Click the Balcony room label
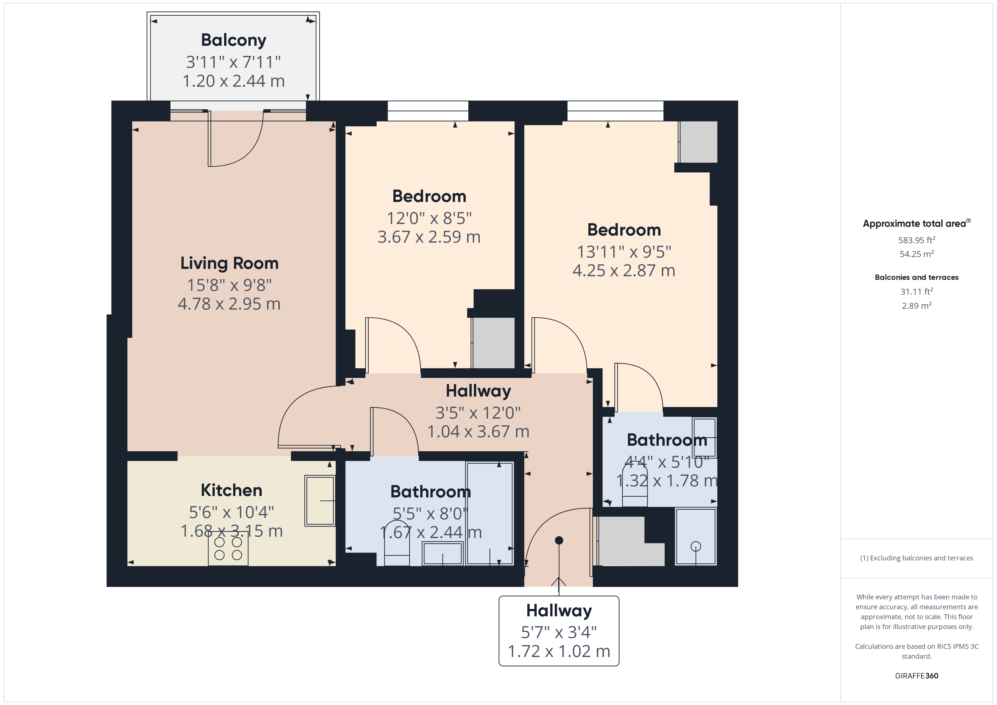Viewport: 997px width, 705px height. coord(234,40)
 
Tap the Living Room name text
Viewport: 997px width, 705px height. coord(229,263)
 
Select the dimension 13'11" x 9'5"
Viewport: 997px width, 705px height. coord(624,252)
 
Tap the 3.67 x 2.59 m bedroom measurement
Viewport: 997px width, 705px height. coord(429,237)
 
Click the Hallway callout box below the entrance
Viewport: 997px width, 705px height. coord(559,631)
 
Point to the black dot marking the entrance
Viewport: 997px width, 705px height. coord(559,540)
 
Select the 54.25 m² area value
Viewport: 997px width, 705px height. coord(916,254)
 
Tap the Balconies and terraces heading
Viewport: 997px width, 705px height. coord(916,277)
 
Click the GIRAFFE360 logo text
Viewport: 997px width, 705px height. coord(916,675)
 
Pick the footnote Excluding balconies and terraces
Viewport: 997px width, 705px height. coord(916,558)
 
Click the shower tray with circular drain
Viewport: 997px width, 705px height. coord(695,537)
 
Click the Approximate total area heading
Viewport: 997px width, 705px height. coord(914,224)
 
